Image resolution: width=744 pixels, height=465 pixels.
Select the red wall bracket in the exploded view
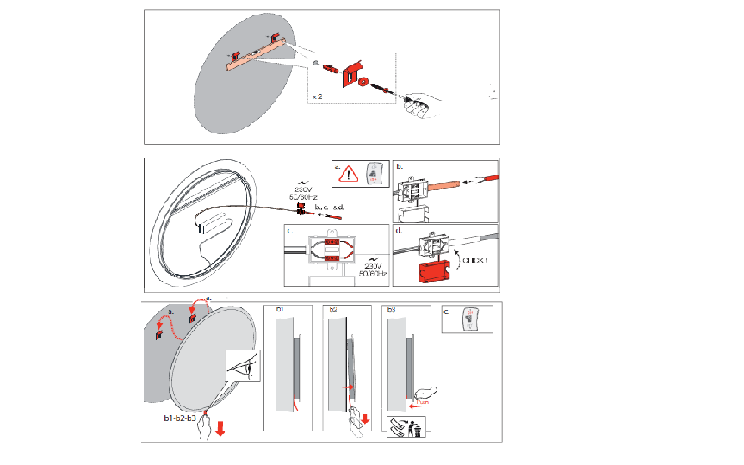point(351,74)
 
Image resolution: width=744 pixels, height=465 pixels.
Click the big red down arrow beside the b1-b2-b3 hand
point(221,427)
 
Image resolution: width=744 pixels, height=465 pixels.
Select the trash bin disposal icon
point(418,425)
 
